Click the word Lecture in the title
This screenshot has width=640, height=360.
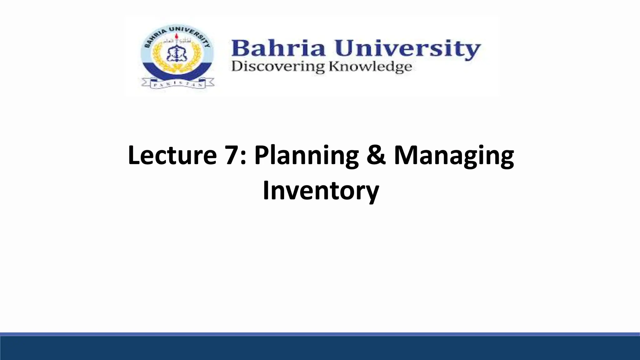point(172,155)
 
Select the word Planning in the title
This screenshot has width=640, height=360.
point(306,155)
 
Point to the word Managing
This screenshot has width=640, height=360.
point(454,155)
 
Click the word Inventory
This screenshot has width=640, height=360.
point(321,191)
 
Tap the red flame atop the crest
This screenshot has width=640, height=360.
point(177,37)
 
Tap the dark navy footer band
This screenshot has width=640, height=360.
point(320,348)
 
